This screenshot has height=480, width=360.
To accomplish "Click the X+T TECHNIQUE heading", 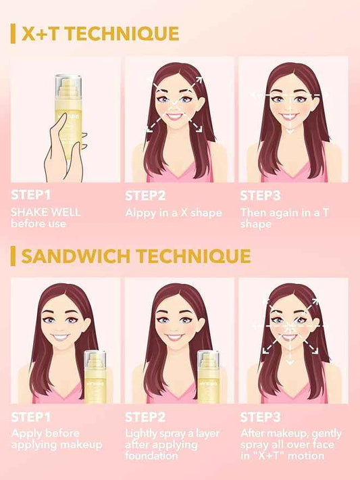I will pos(99,33).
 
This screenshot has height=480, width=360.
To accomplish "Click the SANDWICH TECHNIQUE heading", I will pos(136,256).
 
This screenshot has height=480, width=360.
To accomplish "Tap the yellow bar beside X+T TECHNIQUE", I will pos(13,33).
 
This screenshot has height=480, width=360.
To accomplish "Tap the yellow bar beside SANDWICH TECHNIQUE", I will pos(13,256).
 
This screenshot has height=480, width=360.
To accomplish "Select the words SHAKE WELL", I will pos(45,212).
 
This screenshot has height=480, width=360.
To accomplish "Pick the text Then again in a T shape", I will pos(282,218).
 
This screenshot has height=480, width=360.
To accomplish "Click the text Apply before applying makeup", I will pos(56,439).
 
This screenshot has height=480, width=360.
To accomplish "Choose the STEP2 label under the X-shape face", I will pos(146,196).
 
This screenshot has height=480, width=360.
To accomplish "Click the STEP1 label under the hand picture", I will pos(31,196).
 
